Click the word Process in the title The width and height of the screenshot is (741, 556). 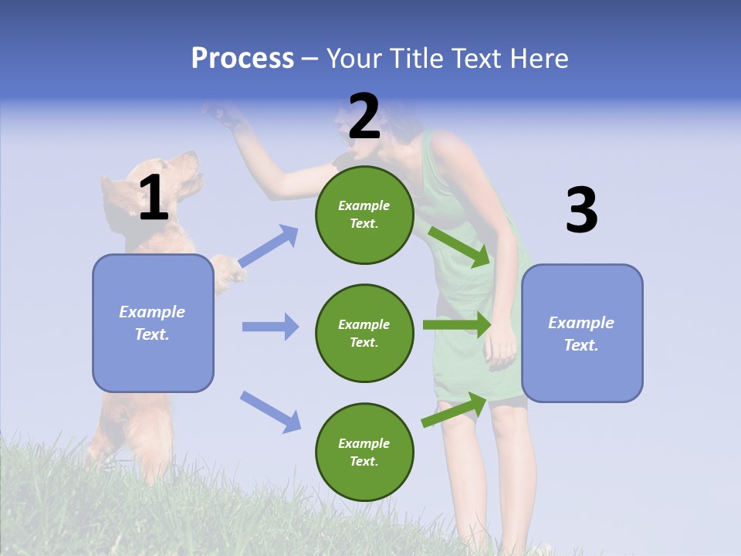point(242,59)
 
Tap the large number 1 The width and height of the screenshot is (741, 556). point(154,198)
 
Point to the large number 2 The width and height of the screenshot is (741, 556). point(364,117)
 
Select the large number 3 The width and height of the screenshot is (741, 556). point(581,211)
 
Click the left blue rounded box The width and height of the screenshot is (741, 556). point(153,323)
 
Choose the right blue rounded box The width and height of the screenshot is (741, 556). point(582,333)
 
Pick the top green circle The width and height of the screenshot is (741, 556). point(364,215)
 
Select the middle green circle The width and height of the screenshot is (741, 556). point(364,333)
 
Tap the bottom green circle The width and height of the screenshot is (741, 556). point(364,452)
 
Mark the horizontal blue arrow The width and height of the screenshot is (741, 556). point(270,327)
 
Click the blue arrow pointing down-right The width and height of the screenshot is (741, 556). point(270,411)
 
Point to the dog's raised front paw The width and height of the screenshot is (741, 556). point(226,270)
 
